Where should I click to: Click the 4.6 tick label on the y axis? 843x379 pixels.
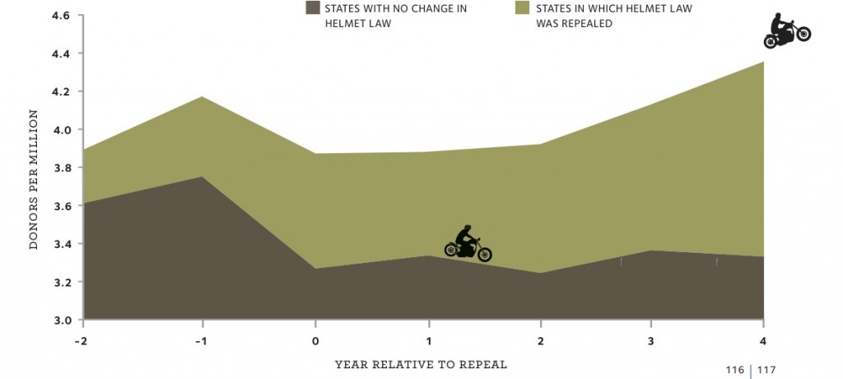coord(62,16)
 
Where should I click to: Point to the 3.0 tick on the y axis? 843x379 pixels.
coord(62,320)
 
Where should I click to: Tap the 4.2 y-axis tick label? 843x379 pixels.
coord(62,91)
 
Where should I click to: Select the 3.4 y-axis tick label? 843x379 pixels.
coord(62,244)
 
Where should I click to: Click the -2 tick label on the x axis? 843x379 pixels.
coord(81,340)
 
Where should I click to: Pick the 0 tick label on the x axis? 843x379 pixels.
coord(315,340)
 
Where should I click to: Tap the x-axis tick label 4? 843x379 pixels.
coord(763,340)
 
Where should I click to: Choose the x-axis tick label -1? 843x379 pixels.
coord(201,340)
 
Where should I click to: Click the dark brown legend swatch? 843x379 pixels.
coord(312,8)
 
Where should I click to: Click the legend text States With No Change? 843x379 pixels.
coord(384,16)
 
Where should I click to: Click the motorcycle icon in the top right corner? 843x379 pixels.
coord(786,31)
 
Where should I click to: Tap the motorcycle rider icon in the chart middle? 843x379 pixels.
coord(468,244)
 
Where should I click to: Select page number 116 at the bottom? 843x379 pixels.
coord(735,369)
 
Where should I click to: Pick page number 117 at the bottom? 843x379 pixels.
coord(767,369)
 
